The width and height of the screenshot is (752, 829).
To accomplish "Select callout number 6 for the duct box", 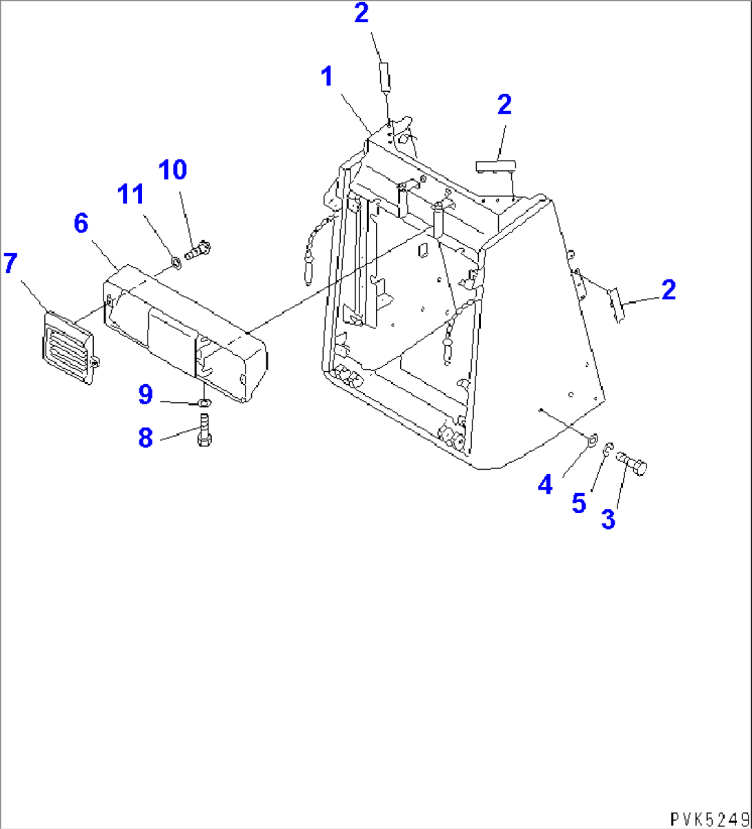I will pyautogui.click(x=81, y=223).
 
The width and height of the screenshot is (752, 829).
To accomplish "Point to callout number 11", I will pyautogui.click(x=130, y=196).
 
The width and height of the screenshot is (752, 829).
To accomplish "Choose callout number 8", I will pyautogui.click(x=145, y=437).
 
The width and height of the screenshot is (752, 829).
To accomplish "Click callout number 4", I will pyautogui.click(x=545, y=485).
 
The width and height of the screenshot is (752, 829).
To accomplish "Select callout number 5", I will pyautogui.click(x=578, y=503).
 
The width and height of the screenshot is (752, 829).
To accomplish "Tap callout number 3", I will pyautogui.click(x=607, y=518).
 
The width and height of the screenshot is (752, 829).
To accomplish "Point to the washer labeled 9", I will pyautogui.click(x=205, y=403).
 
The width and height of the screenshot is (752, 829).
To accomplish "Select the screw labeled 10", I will pyautogui.click(x=201, y=248).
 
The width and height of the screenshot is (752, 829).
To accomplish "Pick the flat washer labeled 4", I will pyautogui.click(x=592, y=439).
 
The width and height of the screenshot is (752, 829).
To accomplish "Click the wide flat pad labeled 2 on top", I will pyautogui.click(x=495, y=166).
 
